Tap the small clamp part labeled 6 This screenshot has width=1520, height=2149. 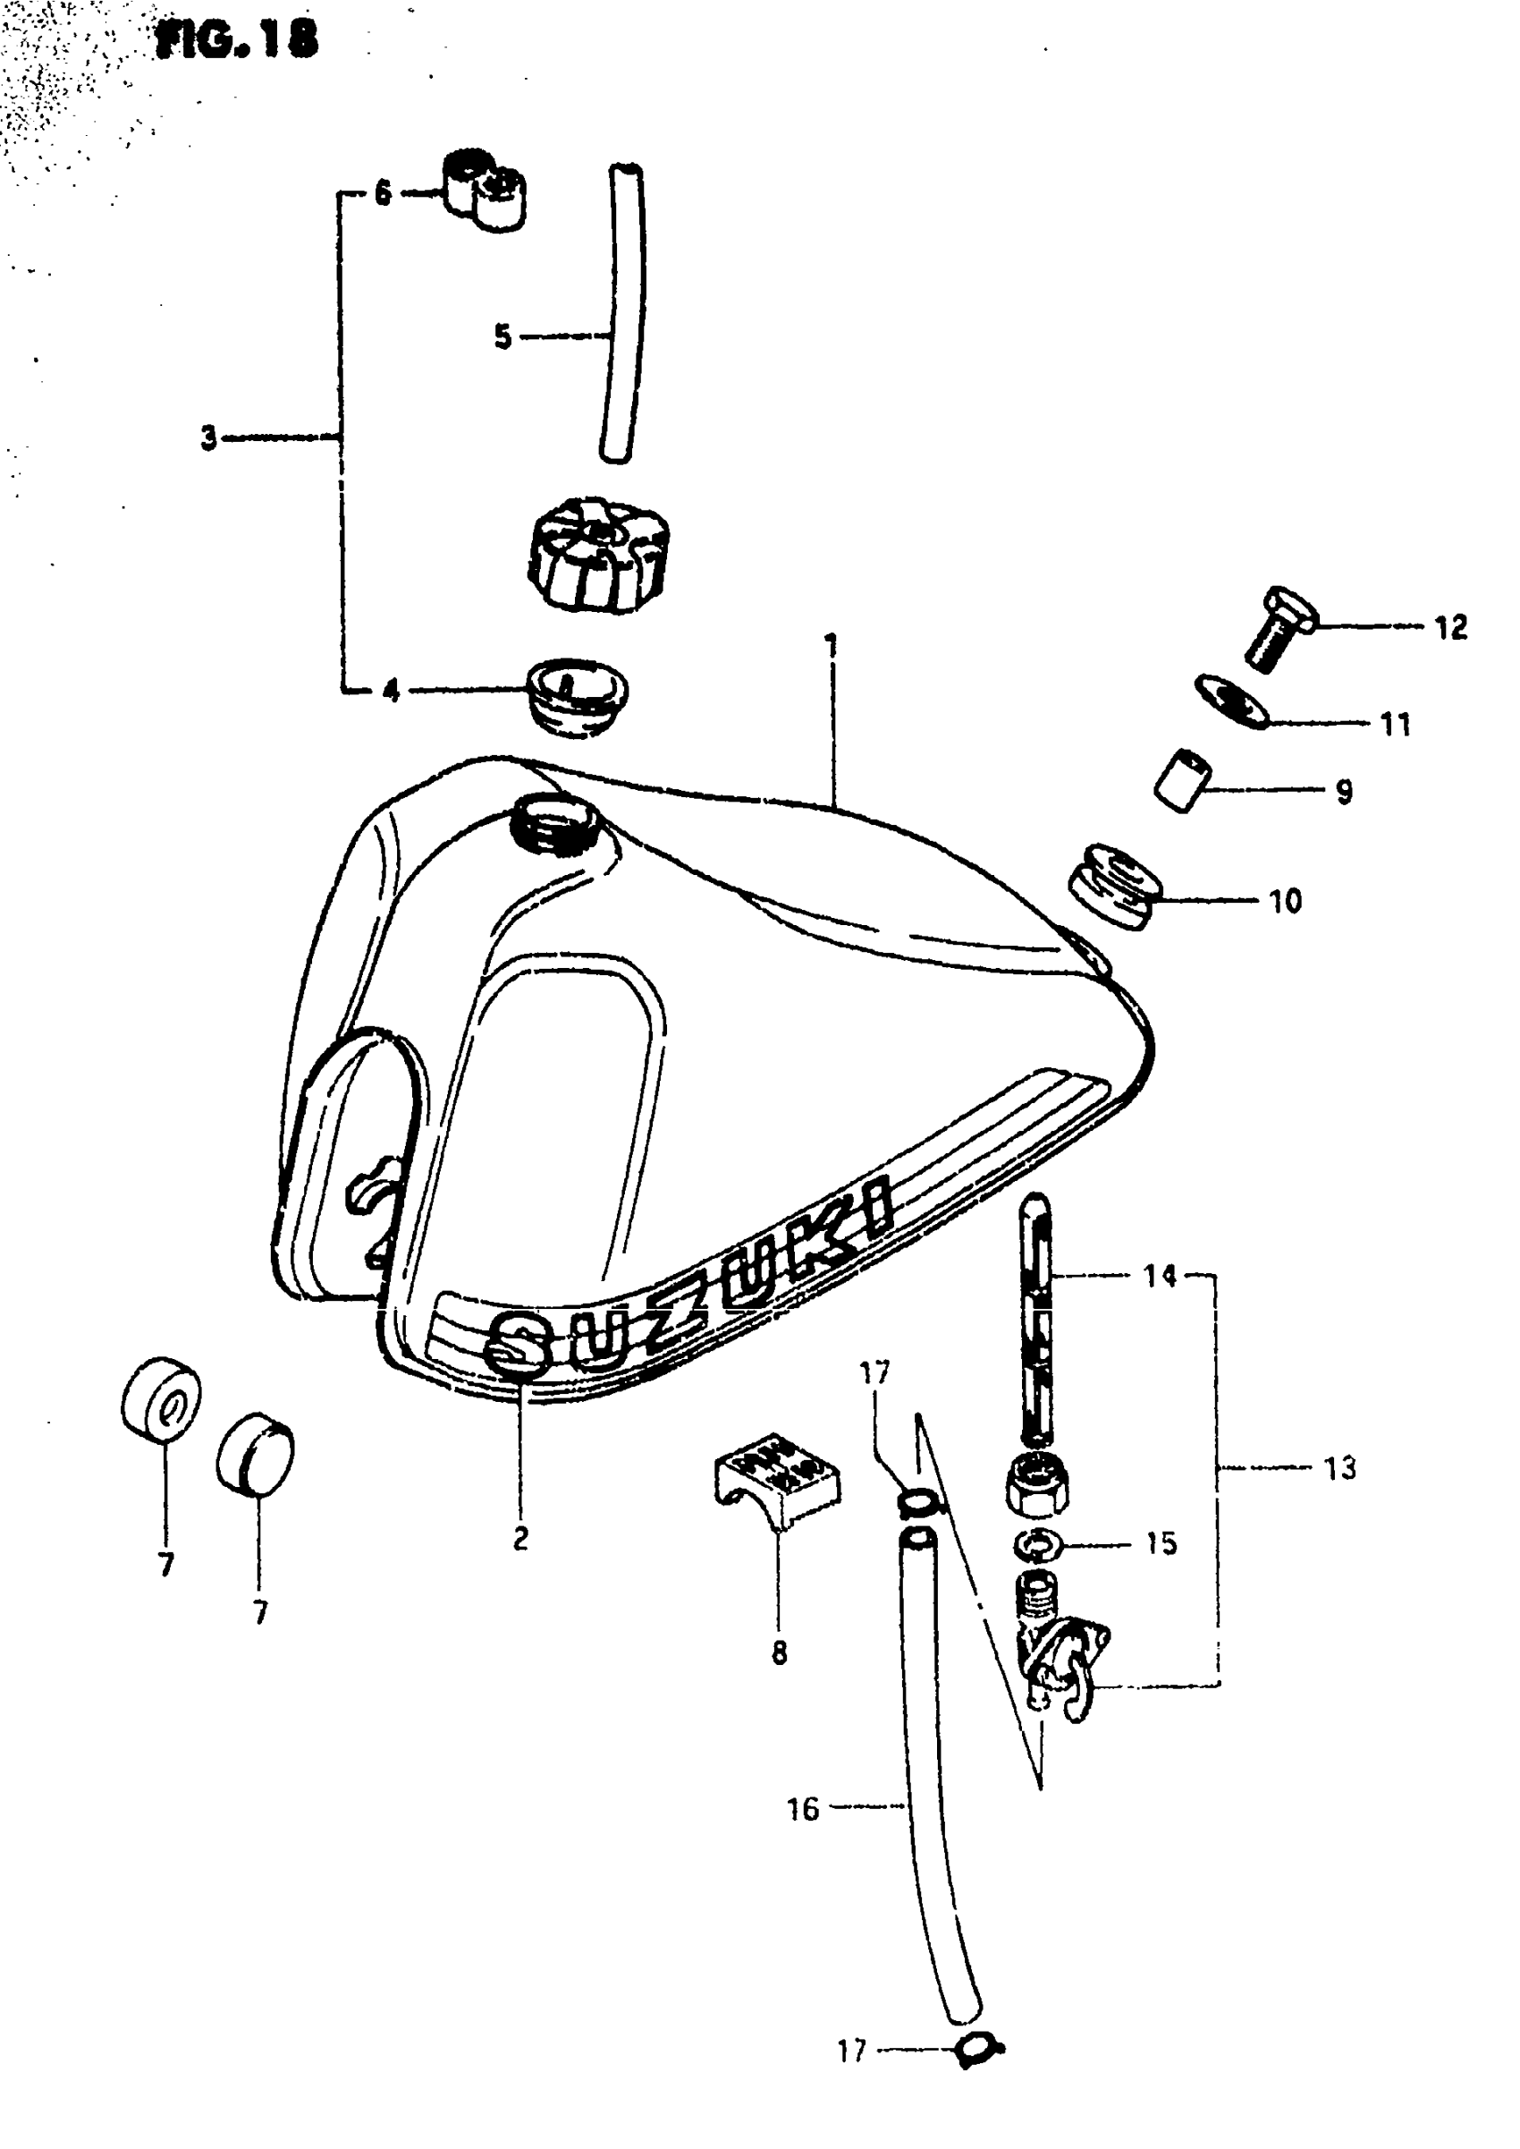484,190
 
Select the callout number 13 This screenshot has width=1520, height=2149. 1339,1467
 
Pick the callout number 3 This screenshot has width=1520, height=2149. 208,437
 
